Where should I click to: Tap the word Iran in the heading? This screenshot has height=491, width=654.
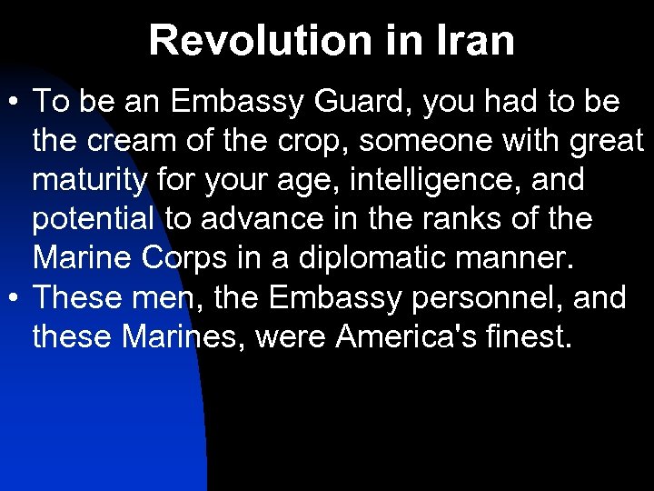coord(471,40)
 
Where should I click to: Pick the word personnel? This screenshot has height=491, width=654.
coord(481,298)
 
